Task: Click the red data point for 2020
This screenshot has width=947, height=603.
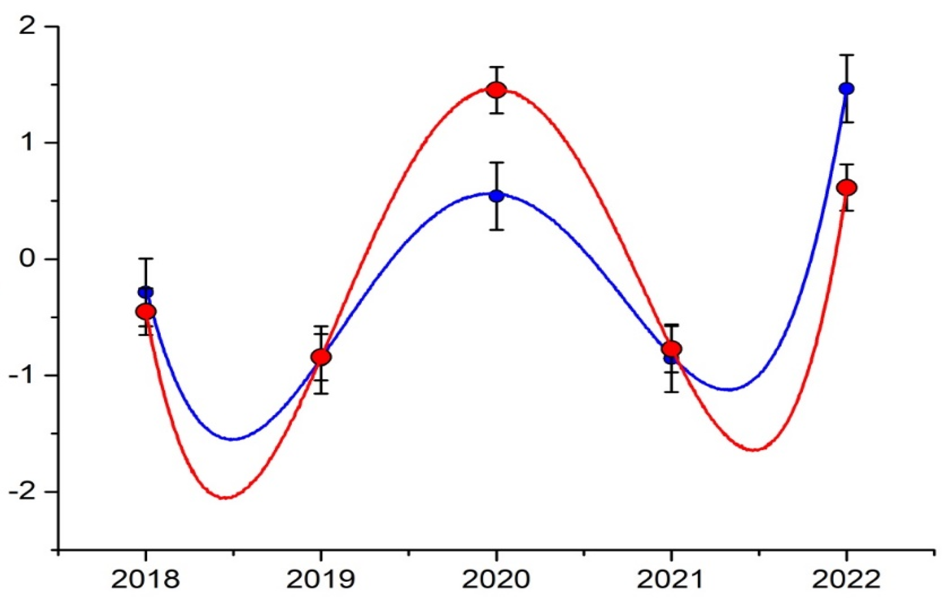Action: (x=497, y=90)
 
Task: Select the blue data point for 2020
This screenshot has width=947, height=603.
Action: (x=497, y=196)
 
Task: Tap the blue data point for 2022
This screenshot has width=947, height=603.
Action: (x=846, y=89)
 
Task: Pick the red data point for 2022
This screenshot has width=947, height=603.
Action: (x=846, y=188)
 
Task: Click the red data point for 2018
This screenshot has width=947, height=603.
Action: (x=146, y=312)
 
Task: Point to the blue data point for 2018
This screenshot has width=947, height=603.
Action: (x=145, y=292)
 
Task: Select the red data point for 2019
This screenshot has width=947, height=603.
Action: (x=321, y=357)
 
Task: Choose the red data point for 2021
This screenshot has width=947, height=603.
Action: (x=672, y=349)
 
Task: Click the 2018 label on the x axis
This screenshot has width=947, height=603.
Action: (x=145, y=580)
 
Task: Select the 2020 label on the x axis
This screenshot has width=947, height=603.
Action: (x=496, y=580)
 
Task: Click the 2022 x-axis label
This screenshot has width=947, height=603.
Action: (x=846, y=580)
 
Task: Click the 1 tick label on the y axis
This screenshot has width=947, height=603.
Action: (x=28, y=143)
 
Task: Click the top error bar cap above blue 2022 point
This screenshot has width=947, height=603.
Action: (x=846, y=55)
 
